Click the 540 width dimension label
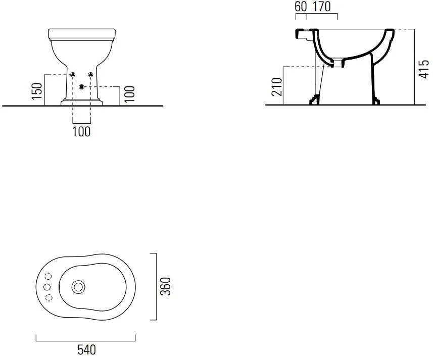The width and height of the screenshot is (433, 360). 86,349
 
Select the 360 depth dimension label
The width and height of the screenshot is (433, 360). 166,286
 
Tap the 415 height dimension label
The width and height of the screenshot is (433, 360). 424,69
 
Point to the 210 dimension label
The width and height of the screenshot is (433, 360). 277,87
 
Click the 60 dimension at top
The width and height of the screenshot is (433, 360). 301,7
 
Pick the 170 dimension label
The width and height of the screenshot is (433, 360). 321,7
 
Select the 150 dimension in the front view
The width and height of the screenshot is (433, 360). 37,91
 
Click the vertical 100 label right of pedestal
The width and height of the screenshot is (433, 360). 129,94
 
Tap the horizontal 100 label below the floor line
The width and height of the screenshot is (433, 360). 81,132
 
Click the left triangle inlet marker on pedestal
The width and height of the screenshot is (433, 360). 73,74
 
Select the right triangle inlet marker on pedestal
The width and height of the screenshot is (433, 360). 90,74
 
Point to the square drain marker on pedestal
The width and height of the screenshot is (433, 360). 81,87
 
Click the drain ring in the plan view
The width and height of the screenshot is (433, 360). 78,287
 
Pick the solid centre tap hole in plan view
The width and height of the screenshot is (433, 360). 47,287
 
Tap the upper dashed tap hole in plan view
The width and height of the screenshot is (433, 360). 48,276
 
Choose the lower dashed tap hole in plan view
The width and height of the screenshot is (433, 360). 49,297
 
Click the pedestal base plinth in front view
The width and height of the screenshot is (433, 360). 82,102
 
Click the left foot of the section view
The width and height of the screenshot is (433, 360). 315,100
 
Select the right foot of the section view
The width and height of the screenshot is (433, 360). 376,100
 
